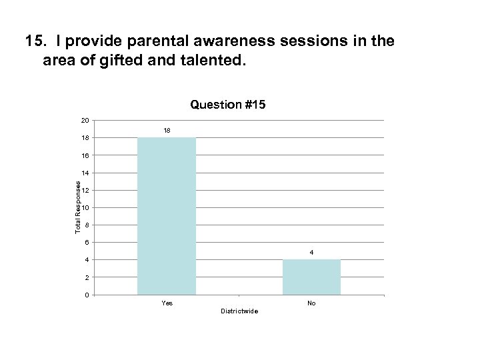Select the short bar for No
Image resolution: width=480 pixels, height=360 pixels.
[x=311, y=277]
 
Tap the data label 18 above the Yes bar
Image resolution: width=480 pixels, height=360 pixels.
[x=167, y=130]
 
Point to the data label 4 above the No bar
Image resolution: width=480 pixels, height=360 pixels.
[x=311, y=252]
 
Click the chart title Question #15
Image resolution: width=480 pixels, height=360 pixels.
[x=228, y=105]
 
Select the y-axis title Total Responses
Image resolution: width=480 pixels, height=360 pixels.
[x=78, y=207]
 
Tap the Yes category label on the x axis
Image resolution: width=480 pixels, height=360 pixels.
[x=167, y=303]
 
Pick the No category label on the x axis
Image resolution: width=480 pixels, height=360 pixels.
[x=311, y=303]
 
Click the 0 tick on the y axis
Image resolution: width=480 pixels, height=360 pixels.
[x=87, y=295]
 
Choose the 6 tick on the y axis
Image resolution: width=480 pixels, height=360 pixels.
[x=87, y=243]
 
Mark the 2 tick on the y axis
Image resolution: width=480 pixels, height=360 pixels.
[x=87, y=277]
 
